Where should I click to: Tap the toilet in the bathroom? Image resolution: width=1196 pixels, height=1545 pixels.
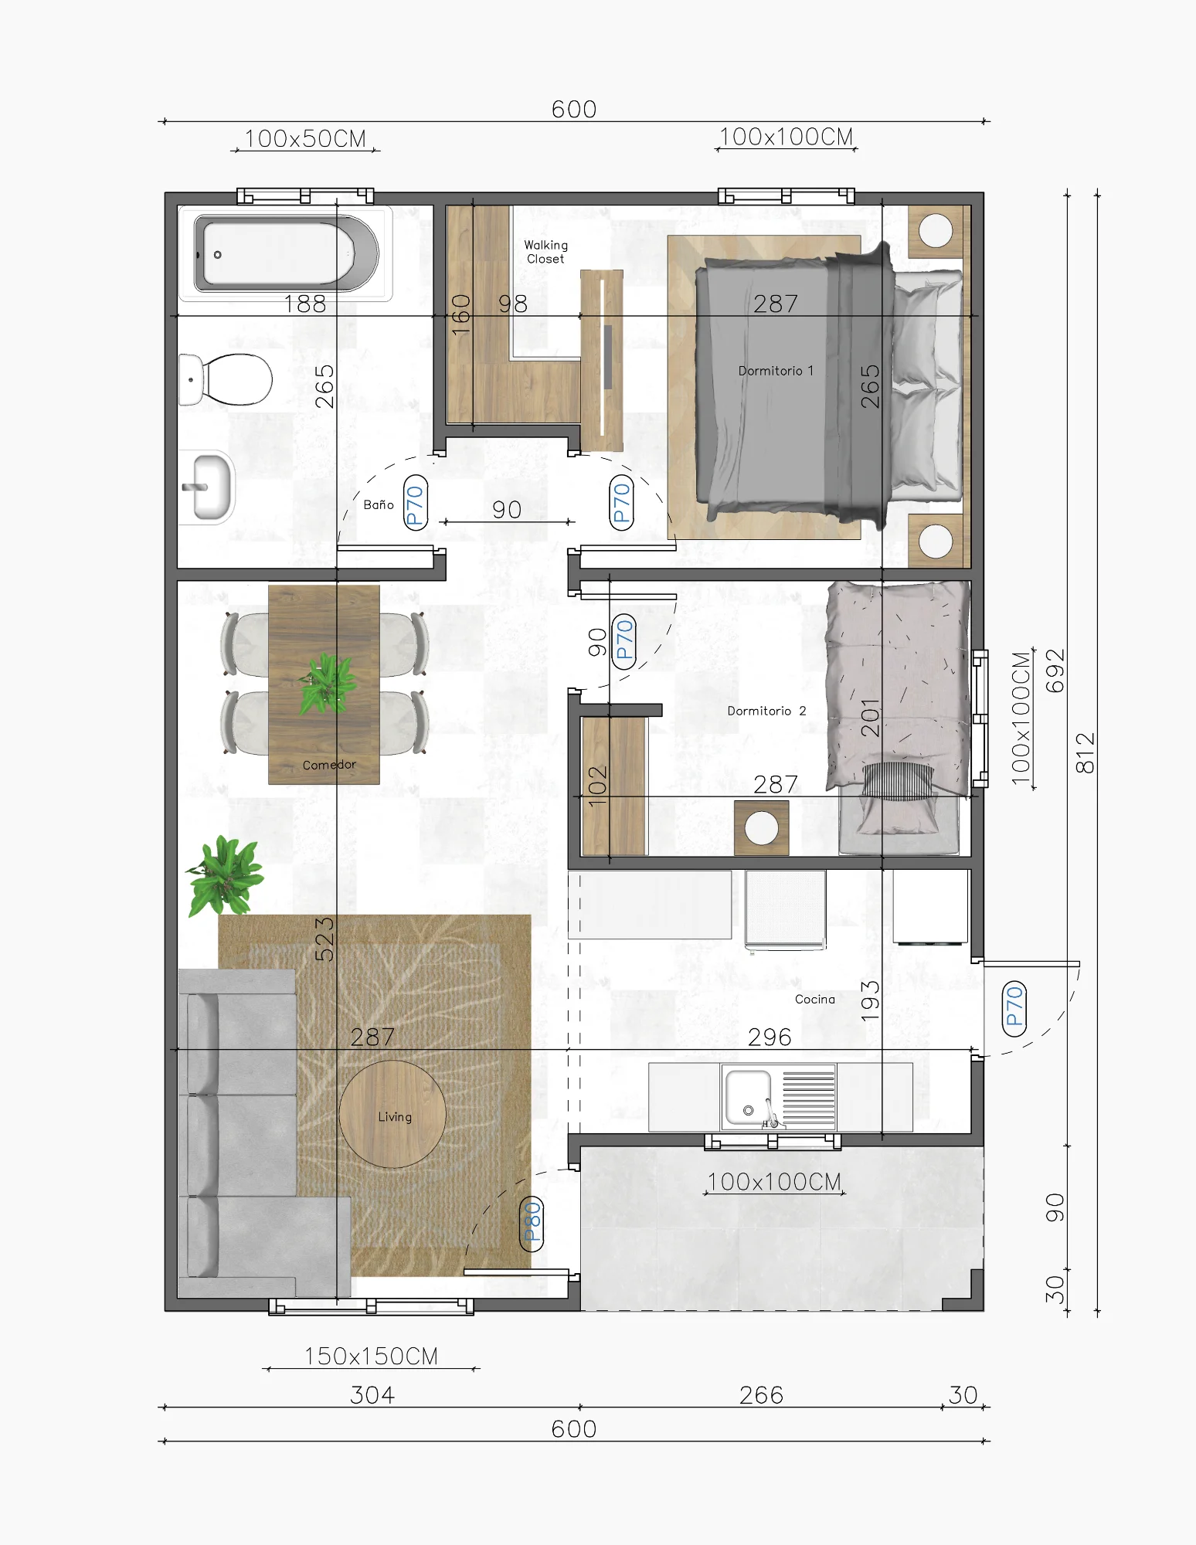click(228, 379)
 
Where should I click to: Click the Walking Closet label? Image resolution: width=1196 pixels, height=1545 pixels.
click(545, 252)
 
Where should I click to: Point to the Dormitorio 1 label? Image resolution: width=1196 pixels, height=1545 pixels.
click(776, 371)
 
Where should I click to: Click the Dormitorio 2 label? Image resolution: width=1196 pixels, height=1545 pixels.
click(766, 711)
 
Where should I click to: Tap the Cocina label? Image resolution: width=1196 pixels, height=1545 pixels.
click(815, 999)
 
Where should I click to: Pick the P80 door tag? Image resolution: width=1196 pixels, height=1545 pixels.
click(532, 1223)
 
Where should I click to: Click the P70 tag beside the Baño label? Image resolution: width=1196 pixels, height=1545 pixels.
click(416, 503)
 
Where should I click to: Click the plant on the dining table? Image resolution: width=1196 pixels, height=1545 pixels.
click(327, 684)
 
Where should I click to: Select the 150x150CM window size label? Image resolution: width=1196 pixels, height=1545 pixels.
click(371, 1357)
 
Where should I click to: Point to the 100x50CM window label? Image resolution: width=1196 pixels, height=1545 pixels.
click(305, 139)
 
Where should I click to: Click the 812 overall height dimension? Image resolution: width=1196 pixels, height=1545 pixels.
click(1085, 753)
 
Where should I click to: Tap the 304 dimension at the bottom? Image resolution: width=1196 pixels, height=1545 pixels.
click(372, 1395)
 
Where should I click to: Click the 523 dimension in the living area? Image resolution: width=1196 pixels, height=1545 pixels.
click(324, 939)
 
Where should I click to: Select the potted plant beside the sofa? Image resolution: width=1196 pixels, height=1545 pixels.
click(225, 876)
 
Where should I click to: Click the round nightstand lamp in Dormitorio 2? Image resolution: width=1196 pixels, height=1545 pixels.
click(762, 828)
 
